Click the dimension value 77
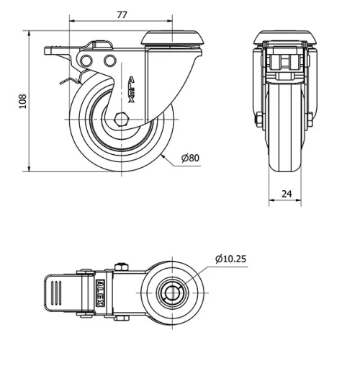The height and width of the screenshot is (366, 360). [124, 14]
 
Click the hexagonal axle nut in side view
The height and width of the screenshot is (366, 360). [121, 120]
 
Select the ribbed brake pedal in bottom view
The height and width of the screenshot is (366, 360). [60, 294]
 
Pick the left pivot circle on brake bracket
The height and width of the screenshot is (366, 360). [87, 60]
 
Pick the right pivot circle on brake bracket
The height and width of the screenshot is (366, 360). [109, 60]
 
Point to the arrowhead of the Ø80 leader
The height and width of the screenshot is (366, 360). [163, 154]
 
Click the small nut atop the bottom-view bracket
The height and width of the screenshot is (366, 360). [121, 269]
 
